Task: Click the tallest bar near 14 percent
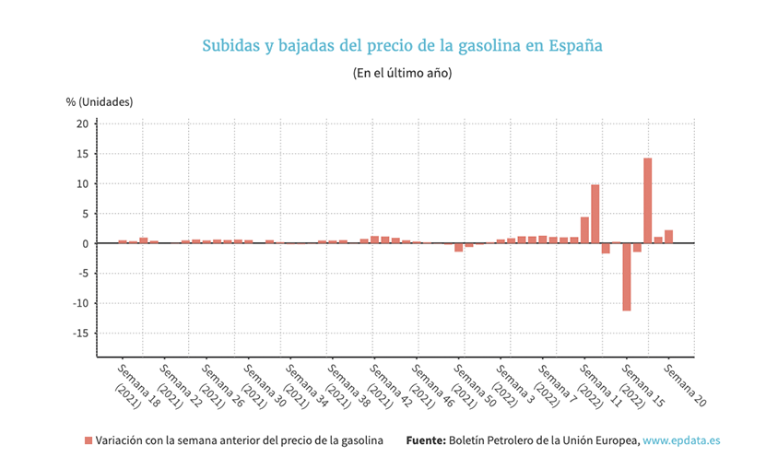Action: click(x=648, y=201)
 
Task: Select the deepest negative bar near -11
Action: click(x=627, y=276)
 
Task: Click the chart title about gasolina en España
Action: click(x=402, y=45)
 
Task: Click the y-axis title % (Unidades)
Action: click(x=100, y=101)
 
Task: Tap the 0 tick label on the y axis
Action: click(x=84, y=244)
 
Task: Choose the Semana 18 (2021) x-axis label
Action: click(x=134, y=385)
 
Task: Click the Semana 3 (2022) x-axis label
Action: click(x=513, y=385)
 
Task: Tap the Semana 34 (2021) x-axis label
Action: click(x=302, y=385)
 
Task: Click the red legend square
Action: click(x=88, y=441)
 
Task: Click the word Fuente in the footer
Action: click(x=426, y=441)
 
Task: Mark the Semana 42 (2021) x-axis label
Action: click(x=386, y=385)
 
